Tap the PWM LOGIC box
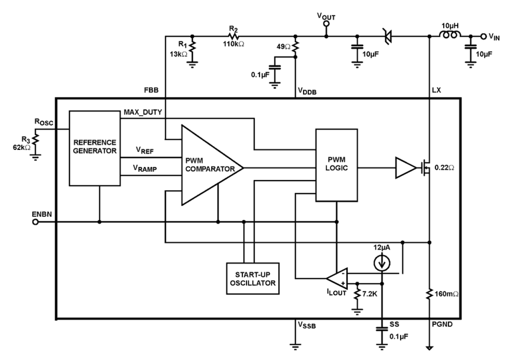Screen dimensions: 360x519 [336, 165]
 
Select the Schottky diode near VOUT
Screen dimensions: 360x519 [388, 37]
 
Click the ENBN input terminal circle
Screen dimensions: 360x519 [36, 222]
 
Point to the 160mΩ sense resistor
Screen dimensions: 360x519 [430, 295]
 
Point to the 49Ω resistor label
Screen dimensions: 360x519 [283, 47]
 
